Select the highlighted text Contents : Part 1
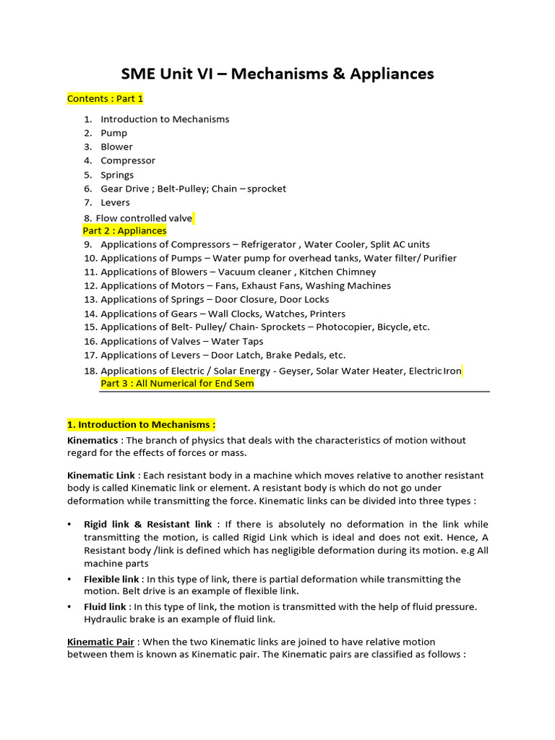coord(105,98)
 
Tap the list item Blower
coord(116,147)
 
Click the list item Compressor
coord(128,160)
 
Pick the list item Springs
coord(117,175)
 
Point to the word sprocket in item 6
coord(267,189)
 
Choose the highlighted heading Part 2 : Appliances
coord(124,231)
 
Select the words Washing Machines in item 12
coord(348,285)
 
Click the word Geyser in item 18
coord(328,371)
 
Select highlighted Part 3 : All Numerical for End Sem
coord(177,384)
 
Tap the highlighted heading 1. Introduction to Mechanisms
coord(141,424)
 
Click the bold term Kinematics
coord(92,440)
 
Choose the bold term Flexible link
coord(111,580)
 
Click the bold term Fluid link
coord(106,607)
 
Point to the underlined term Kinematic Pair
coord(100,642)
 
